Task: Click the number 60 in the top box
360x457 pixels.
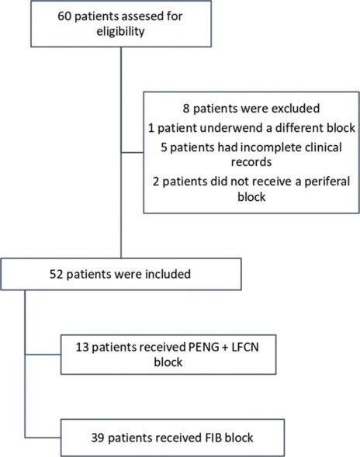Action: pos(64,16)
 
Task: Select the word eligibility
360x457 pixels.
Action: pos(120,32)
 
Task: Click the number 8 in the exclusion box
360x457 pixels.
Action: pos(186,109)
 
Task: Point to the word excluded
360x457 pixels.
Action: pos(296,109)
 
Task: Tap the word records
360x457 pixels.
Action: pos(251,162)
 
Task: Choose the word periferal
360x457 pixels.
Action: pos(327,182)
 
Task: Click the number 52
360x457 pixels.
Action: pos(57,274)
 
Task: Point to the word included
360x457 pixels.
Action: pos(168,274)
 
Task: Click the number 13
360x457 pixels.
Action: pos(82,348)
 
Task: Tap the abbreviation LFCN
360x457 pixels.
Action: pos(245,348)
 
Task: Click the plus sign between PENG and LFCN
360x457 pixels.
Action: pos(225,348)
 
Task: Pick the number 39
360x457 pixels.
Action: pos(98,438)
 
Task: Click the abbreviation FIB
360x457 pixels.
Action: pos(211,438)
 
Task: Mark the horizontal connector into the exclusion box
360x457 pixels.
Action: pos(133,152)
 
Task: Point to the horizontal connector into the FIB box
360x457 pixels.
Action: pos(43,438)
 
